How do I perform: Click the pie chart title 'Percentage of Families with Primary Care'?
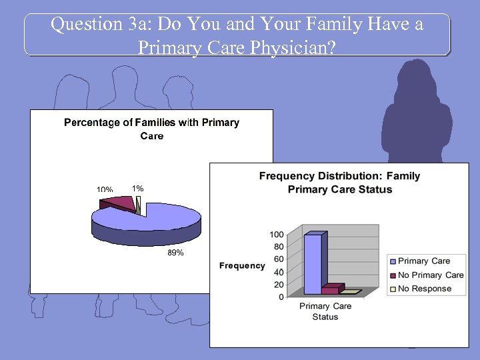click(x=151, y=129)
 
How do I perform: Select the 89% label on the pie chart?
click(x=175, y=253)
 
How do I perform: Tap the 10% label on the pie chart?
click(x=105, y=190)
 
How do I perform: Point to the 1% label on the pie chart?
click(x=137, y=189)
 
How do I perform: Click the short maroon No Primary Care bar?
click(x=331, y=289)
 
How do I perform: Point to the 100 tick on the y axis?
click(x=276, y=235)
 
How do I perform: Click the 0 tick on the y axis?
click(x=281, y=297)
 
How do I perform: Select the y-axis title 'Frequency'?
click(x=242, y=266)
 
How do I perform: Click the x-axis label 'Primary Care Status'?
click(x=325, y=311)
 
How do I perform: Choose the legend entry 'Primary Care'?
click(x=424, y=261)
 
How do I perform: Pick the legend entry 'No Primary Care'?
click(x=431, y=275)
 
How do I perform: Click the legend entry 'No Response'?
click(x=425, y=289)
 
